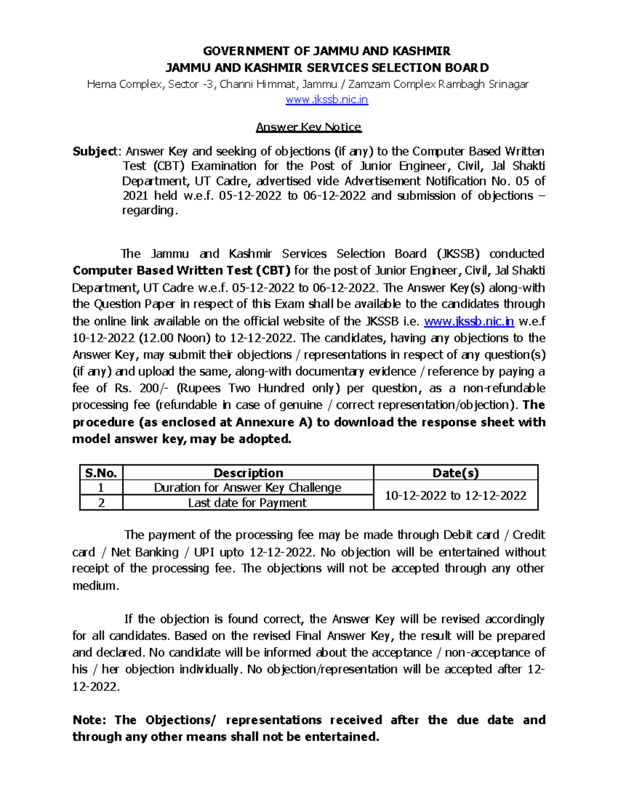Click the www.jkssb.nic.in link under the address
click(x=327, y=100)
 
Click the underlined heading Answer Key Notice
click(x=308, y=127)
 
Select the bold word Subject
click(x=95, y=151)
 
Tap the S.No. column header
click(x=101, y=473)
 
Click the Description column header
click(x=248, y=473)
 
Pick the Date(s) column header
click(x=455, y=473)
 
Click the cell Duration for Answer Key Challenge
click(x=248, y=488)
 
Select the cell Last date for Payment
click(x=248, y=503)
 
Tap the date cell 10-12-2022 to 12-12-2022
click(x=455, y=495)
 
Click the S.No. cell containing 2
click(x=101, y=503)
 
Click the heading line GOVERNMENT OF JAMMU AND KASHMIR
click(x=327, y=51)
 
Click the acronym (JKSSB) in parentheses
click(x=458, y=254)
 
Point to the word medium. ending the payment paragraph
click(x=95, y=586)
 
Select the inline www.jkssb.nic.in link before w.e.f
click(x=469, y=322)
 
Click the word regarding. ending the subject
click(x=149, y=210)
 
